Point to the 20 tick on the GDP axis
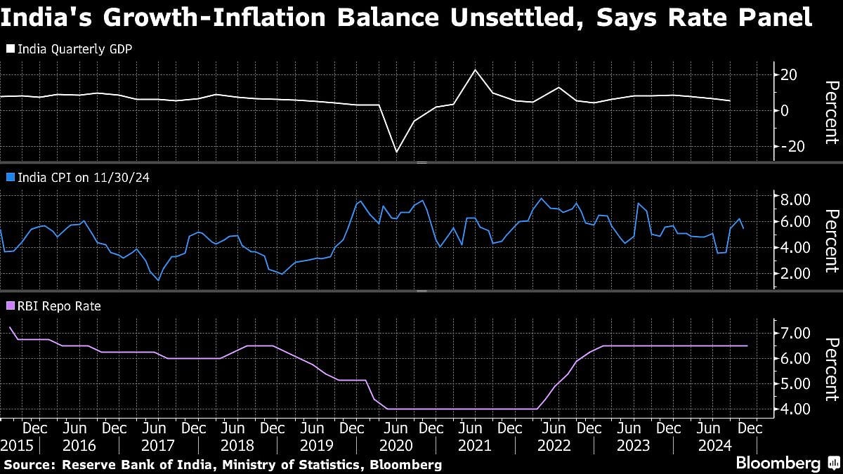(789, 74)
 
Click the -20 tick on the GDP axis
(786, 146)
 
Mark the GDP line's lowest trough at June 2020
(396, 152)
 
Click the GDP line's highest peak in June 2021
(476, 70)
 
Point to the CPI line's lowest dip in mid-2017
(158, 280)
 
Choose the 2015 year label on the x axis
(16, 445)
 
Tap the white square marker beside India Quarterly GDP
(10, 49)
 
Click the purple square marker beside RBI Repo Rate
(10, 306)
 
